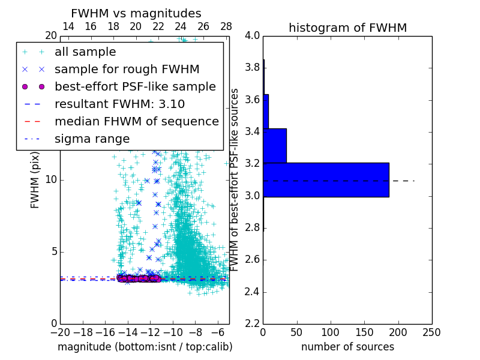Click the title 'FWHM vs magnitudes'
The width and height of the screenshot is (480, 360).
click(x=136, y=14)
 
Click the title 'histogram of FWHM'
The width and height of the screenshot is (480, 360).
click(x=347, y=28)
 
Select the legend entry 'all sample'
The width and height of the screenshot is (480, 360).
click(x=85, y=52)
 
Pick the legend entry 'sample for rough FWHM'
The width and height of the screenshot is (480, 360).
click(x=127, y=70)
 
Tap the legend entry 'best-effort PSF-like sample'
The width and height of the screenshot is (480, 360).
click(x=135, y=87)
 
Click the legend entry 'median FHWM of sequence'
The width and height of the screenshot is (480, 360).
click(x=136, y=122)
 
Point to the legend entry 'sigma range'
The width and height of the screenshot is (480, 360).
click(x=92, y=139)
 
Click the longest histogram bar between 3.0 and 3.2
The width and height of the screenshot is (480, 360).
click(x=326, y=179)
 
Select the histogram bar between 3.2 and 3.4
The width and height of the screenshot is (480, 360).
click(x=275, y=146)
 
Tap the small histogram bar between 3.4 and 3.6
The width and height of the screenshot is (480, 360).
click(x=266, y=111)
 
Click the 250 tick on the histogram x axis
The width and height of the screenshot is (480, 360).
click(x=431, y=332)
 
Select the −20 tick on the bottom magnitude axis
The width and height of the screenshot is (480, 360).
click(x=60, y=332)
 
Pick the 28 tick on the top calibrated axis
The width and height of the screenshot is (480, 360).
click(x=226, y=26)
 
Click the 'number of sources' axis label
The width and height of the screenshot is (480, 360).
click(x=347, y=347)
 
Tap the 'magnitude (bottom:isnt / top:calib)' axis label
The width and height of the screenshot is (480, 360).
click(x=145, y=347)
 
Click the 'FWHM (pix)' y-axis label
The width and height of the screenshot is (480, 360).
click(x=35, y=180)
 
